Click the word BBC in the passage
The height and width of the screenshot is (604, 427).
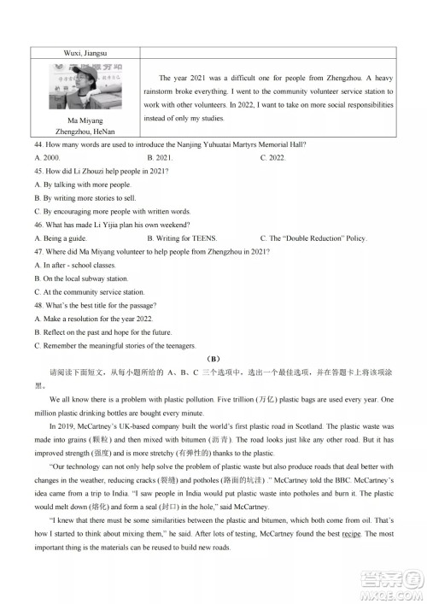tap(254, 478)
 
